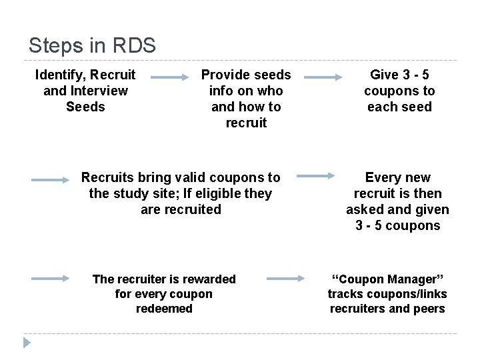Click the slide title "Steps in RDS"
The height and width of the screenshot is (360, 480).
pos(92,45)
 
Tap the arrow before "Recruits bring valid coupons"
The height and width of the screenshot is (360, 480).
pos(51,179)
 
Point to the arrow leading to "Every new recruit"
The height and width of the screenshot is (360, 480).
pos(316,176)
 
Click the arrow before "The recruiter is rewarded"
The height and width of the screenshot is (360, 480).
pos(51,279)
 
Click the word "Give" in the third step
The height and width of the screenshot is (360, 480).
pos(384,75)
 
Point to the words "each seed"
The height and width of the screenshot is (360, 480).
pos(399,107)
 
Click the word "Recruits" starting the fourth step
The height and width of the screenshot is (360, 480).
pos(107,177)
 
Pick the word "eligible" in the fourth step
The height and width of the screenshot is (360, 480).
pos(217,193)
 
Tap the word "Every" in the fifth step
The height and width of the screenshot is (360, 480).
pos(382,177)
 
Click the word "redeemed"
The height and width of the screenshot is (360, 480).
pos(164,309)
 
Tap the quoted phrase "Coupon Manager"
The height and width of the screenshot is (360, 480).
pos(387,279)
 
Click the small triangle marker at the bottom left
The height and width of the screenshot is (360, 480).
pos(27,343)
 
